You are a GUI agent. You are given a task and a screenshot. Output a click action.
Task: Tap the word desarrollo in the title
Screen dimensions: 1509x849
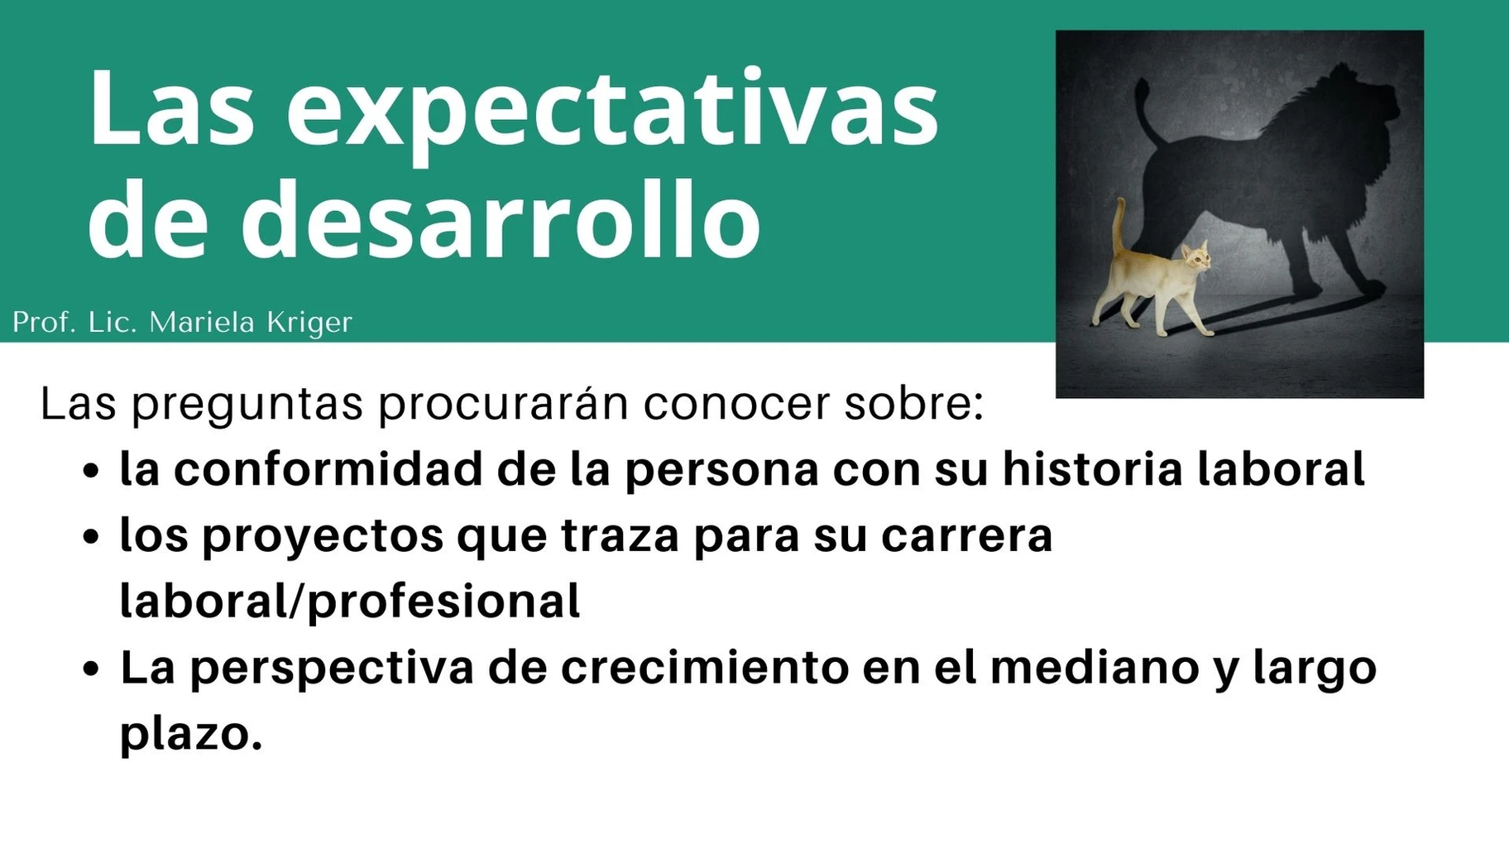tap(501, 217)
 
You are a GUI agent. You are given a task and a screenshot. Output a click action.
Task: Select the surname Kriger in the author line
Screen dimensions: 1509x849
tap(310, 323)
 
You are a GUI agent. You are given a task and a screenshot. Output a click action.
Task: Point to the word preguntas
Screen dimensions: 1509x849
tap(247, 405)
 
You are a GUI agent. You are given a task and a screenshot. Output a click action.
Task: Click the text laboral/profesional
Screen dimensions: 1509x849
tap(350, 602)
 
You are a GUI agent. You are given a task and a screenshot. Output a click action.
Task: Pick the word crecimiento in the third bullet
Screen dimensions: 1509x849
tap(705, 668)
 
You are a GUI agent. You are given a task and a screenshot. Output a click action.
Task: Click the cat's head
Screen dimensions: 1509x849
tap(1195, 258)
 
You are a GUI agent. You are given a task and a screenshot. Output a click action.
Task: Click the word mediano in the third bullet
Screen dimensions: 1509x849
tap(1095, 668)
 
